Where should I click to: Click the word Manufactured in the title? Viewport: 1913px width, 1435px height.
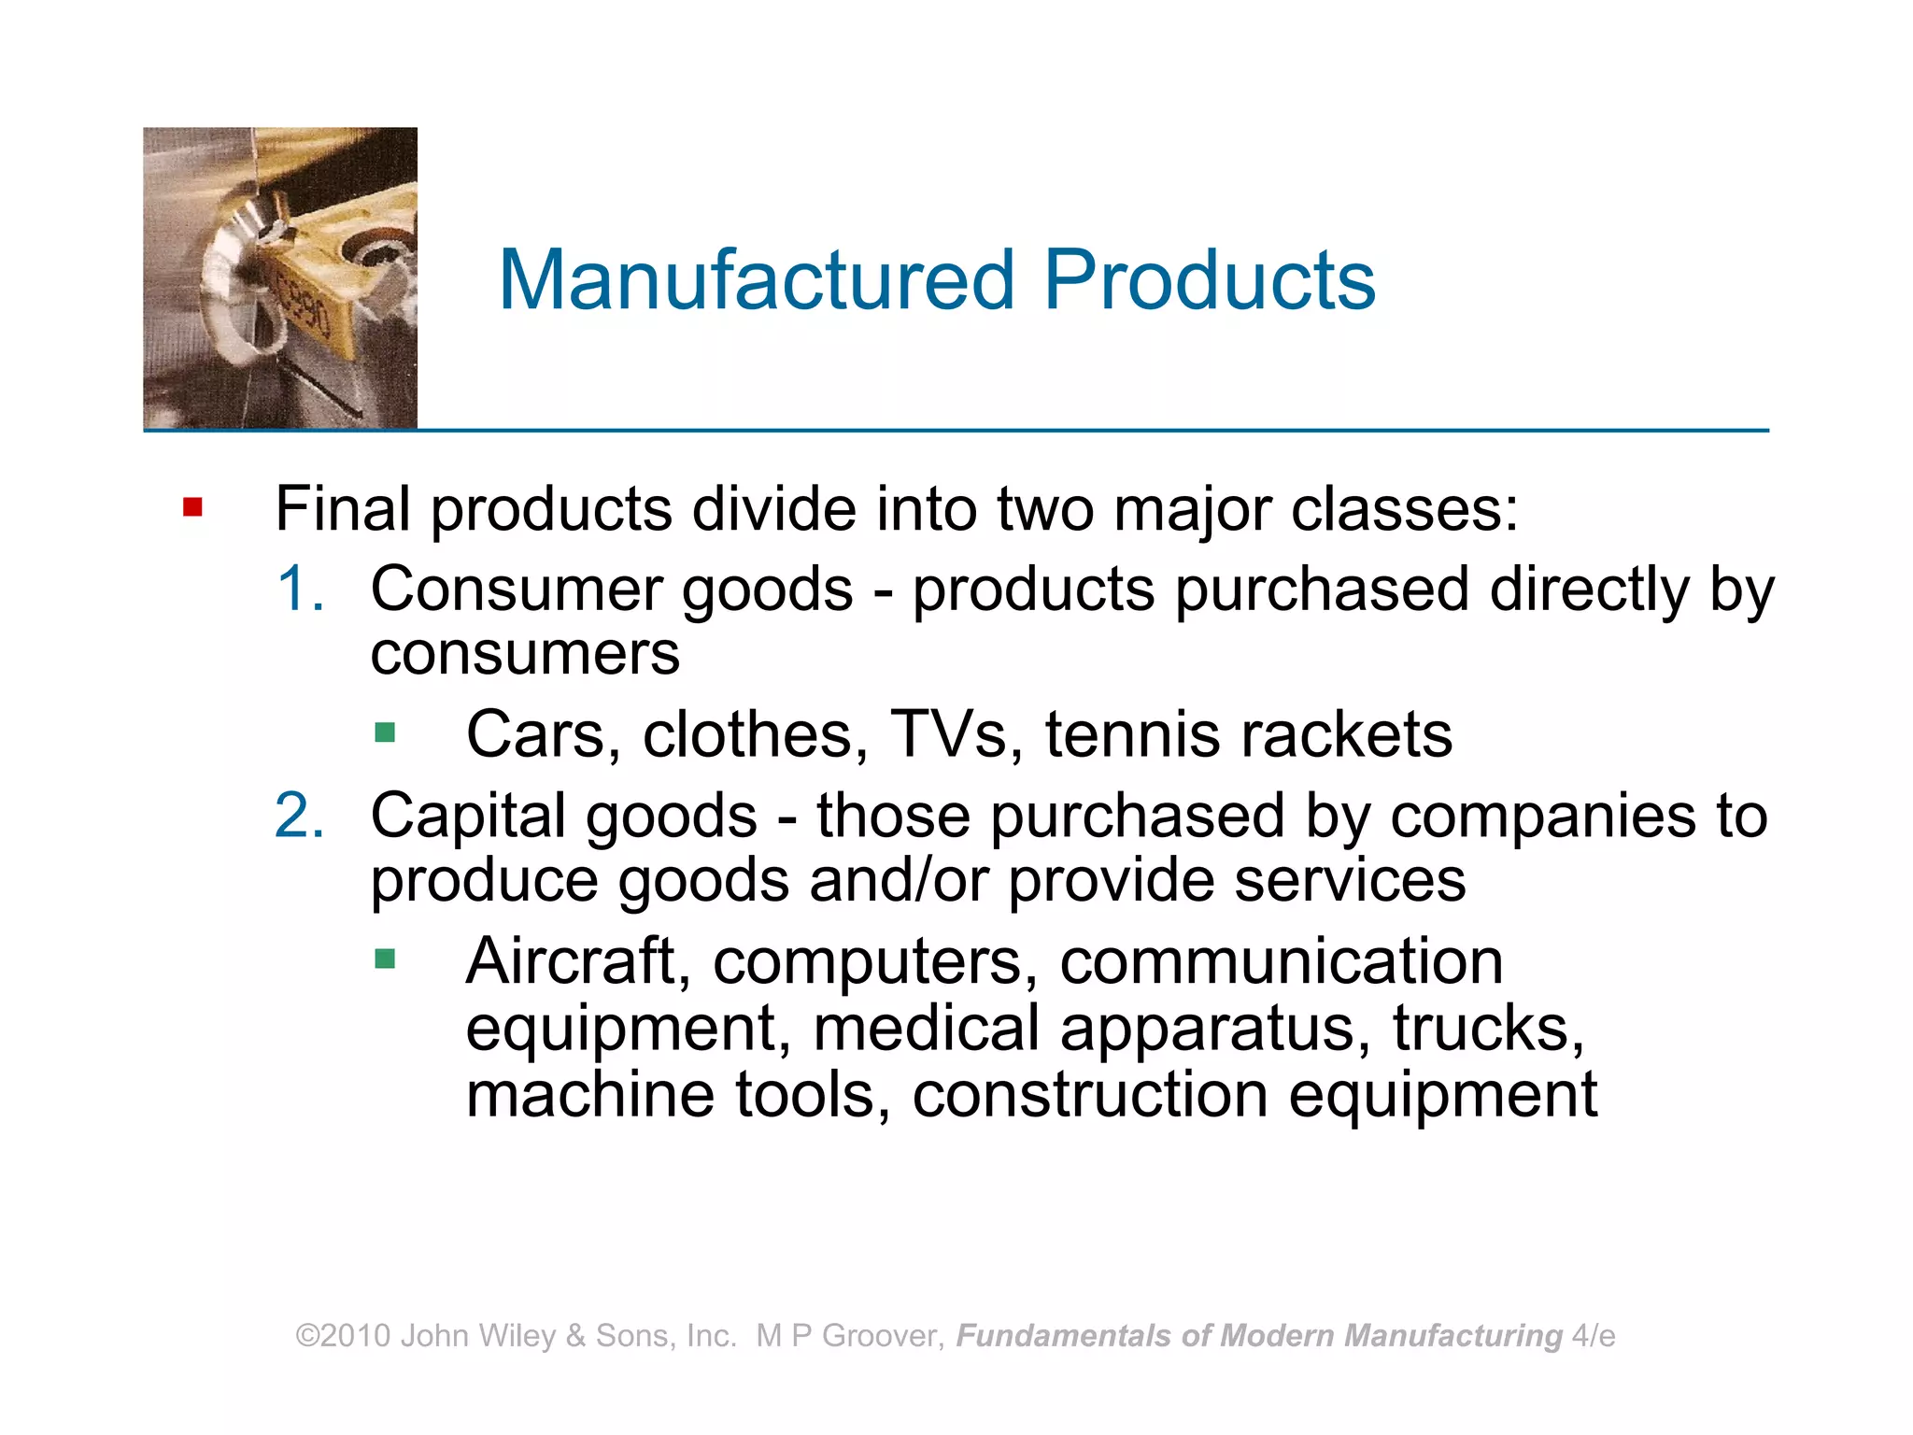point(757,279)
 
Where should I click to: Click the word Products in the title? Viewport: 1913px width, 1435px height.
point(1209,279)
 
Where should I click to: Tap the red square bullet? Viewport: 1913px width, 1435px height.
point(193,507)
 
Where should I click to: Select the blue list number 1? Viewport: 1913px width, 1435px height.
point(301,590)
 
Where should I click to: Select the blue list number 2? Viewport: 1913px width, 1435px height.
point(300,816)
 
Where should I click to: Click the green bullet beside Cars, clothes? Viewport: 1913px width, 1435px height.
point(385,732)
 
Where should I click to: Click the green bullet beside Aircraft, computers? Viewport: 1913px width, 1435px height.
point(385,959)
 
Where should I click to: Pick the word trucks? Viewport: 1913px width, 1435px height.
point(1488,1028)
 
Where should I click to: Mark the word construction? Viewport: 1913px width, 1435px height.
point(1090,1095)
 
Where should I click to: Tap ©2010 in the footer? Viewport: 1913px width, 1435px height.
point(343,1336)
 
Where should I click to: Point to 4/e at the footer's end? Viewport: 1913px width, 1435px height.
point(1594,1336)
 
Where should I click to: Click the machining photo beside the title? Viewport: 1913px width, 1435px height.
point(280,278)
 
